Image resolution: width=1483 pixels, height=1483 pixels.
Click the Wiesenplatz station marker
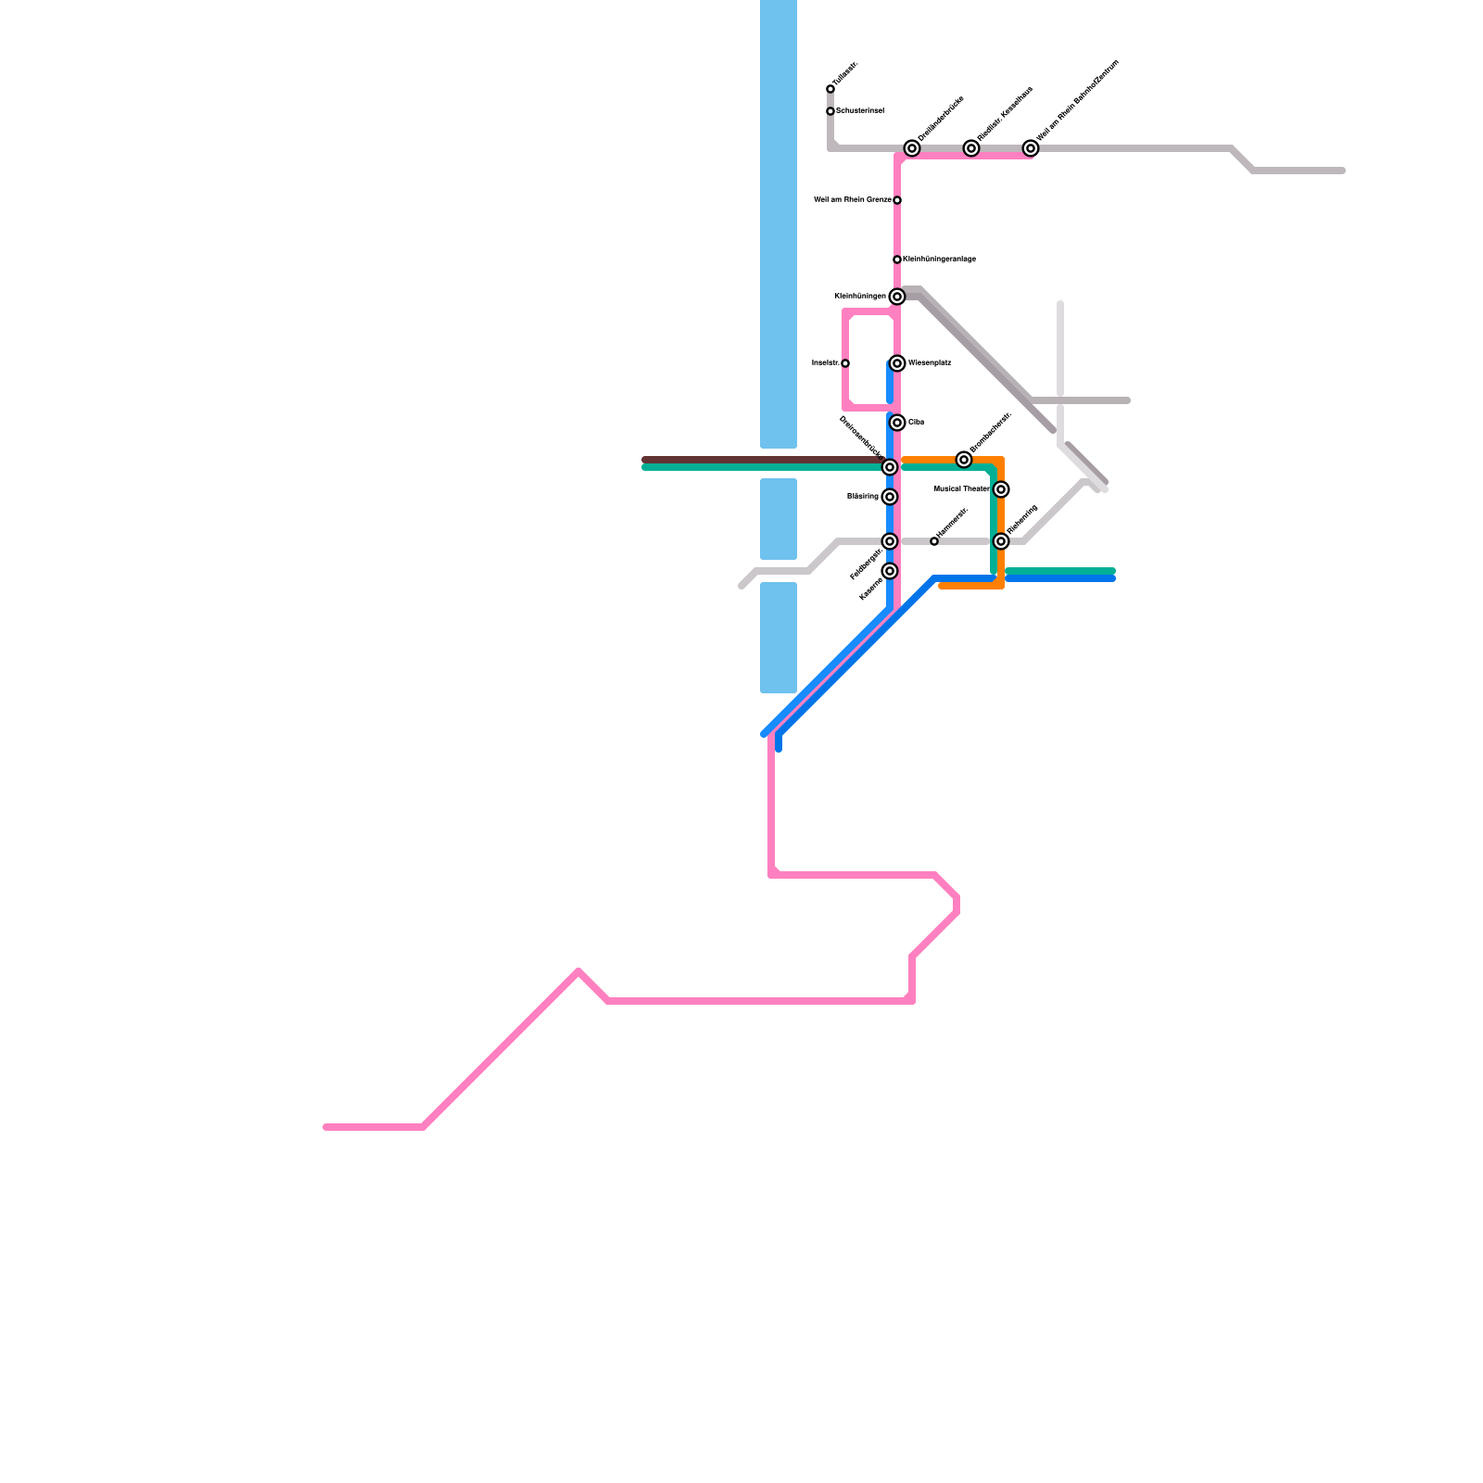(x=897, y=363)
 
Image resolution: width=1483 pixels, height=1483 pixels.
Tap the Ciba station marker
(x=897, y=423)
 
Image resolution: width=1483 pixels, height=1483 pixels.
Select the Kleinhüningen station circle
(x=897, y=297)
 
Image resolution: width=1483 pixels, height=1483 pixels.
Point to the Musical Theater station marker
(x=1001, y=489)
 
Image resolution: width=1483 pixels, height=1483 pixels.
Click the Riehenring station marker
(x=1001, y=541)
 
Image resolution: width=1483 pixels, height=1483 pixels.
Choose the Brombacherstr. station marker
(x=964, y=460)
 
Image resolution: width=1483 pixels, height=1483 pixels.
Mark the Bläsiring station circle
(x=890, y=497)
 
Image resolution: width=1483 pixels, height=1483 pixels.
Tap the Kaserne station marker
(x=890, y=571)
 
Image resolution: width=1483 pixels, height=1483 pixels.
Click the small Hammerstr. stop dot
(x=934, y=541)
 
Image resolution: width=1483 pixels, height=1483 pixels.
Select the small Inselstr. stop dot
(x=845, y=363)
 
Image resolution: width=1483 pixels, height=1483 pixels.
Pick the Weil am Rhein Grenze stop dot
(x=897, y=200)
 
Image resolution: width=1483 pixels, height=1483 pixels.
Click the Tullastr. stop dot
(x=830, y=89)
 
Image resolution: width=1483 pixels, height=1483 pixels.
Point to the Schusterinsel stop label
(x=860, y=111)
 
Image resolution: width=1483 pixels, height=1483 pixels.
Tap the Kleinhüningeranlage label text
(x=939, y=260)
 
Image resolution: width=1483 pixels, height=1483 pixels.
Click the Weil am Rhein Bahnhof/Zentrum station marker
(x=1031, y=148)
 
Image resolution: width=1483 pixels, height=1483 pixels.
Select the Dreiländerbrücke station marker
(x=912, y=148)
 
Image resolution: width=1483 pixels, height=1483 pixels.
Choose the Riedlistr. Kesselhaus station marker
(x=971, y=148)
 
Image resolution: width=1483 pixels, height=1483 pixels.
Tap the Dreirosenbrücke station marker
(x=890, y=467)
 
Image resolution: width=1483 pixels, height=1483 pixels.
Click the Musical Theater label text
(x=961, y=488)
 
